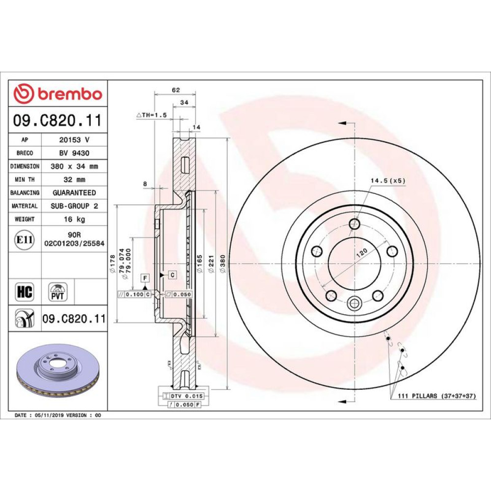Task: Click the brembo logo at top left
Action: pyautogui.click(x=58, y=93)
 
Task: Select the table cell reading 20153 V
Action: pyautogui.click(x=74, y=139)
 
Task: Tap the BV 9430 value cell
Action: pyautogui.click(x=74, y=153)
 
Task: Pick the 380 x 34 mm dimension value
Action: pyautogui.click(x=74, y=166)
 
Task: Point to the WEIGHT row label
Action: pyautogui.click(x=25, y=219)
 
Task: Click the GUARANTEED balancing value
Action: pyautogui.click(x=74, y=192)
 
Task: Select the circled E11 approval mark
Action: pyautogui.click(x=25, y=240)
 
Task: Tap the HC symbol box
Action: pyautogui.click(x=25, y=292)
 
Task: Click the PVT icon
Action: pyautogui.click(x=57, y=292)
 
